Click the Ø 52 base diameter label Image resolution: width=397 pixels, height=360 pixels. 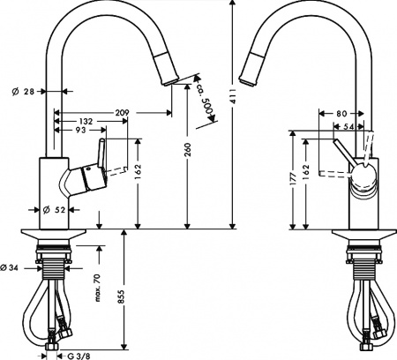click(x=56, y=209)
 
